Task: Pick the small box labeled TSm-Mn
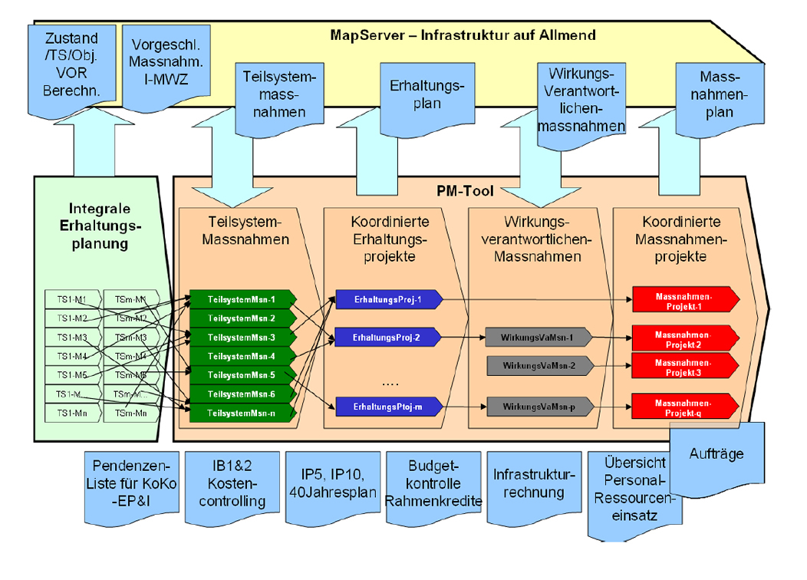pyautogui.click(x=130, y=413)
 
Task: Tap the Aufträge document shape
pyautogui.click(x=716, y=453)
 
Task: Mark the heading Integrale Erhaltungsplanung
pyautogui.click(x=100, y=226)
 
